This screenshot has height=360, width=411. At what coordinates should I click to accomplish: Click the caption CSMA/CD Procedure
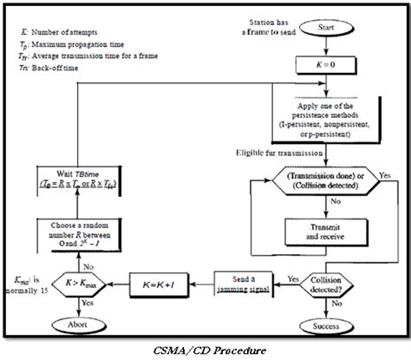click(x=205, y=350)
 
